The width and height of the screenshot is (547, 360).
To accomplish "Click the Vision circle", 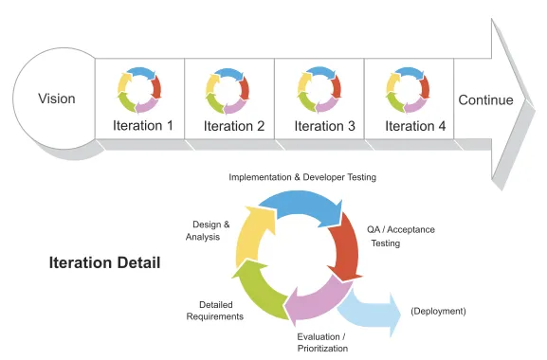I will (x=56, y=99).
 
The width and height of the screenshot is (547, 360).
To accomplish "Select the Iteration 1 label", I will (x=143, y=125).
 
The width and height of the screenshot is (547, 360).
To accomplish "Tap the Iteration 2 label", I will (x=233, y=125).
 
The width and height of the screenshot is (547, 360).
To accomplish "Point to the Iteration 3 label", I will (x=324, y=125).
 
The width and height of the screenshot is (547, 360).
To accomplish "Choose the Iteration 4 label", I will (x=413, y=125).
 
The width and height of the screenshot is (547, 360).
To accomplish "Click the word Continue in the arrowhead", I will (x=485, y=100).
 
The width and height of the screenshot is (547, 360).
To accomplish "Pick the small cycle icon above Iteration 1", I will (x=139, y=90).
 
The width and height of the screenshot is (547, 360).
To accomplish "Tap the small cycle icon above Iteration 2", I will (x=228, y=90).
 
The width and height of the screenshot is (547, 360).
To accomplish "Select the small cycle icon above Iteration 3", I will (x=319, y=90).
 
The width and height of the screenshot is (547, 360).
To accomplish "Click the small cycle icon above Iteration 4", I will (x=409, y=90).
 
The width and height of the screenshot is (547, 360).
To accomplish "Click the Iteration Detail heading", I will (x=104, y=262).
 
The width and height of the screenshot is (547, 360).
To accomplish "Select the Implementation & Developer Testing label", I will (x=301, y=177).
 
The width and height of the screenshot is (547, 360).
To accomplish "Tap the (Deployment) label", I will (x=437, y=311).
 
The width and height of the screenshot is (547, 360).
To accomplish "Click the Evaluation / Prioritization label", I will (x=321, y=342).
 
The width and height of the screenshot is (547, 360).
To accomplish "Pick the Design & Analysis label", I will (x=206, y=230).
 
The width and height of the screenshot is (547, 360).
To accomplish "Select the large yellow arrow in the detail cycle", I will (x=252, y=234).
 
